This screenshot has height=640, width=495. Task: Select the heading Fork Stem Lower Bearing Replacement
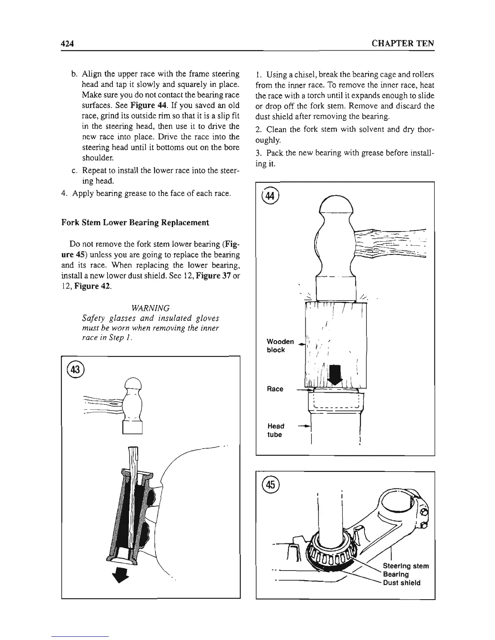coord(135,223)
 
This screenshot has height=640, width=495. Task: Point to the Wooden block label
coord(280,346)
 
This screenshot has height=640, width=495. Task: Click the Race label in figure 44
coord(275,389)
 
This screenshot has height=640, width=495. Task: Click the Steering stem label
coord(406,566)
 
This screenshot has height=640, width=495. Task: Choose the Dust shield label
coord(402,583)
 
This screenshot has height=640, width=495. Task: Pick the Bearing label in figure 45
coord(396,574)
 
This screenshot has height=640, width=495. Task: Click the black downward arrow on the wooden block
coord(336,374)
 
